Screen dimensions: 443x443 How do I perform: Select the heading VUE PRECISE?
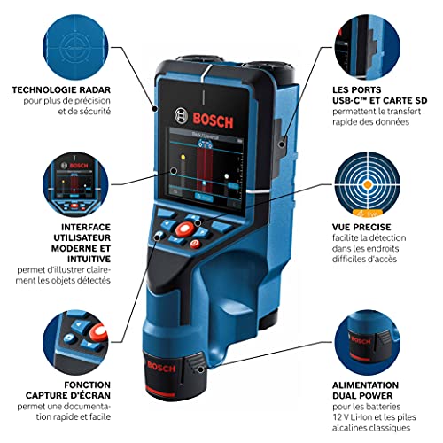(376, 253)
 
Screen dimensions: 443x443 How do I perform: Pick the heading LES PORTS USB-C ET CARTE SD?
(381, 95)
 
